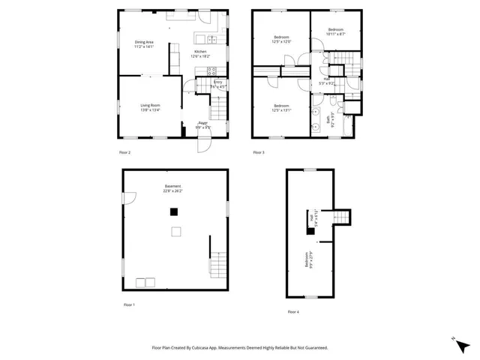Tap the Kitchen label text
point(199,53)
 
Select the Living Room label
point(150,107)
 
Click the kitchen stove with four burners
point(201,72)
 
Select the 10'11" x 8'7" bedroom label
point(335,31)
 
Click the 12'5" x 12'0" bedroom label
point(282,40)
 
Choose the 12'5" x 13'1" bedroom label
point(281,108)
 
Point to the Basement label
point(172,188)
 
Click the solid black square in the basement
point(174,212)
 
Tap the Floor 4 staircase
point(340,217)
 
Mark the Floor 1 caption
point(129,304)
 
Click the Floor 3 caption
point(259,152)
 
